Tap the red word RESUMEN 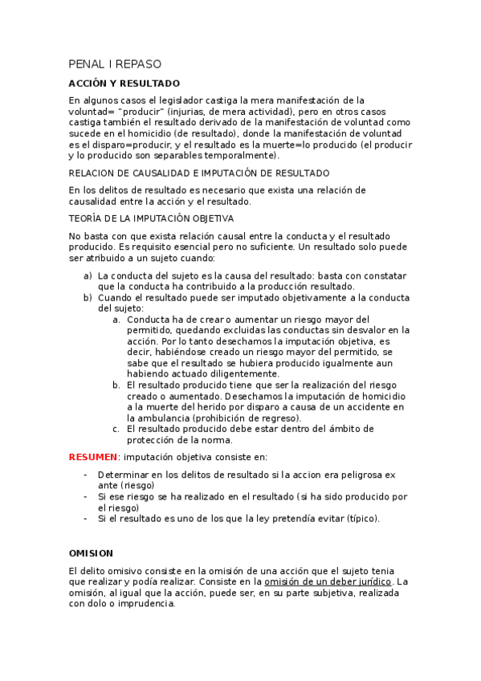92,457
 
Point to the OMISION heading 91,553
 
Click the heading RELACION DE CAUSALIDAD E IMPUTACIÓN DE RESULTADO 199,173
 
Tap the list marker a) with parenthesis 88,275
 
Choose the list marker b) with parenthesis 88,297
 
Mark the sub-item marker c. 116,429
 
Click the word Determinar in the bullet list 125,475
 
